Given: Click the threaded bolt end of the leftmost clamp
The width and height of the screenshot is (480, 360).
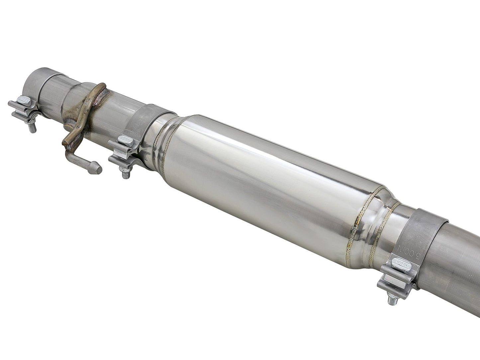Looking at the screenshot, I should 32,128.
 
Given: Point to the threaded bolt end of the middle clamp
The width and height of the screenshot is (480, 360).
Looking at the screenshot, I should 125,173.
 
